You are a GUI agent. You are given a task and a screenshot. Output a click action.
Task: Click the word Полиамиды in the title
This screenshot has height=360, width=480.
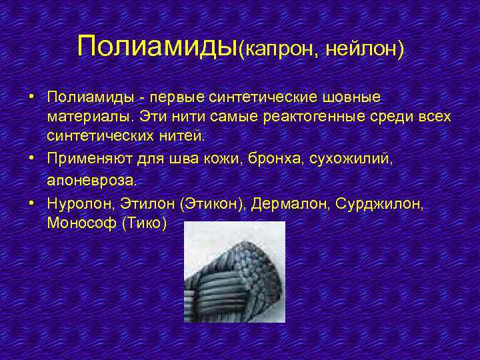point(157,46)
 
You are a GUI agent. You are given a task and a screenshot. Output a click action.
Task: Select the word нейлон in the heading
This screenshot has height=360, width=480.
point(363,49)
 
